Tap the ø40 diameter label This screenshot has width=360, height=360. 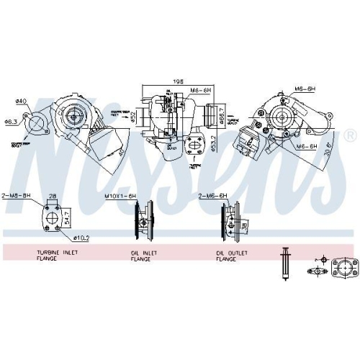coord(21,100)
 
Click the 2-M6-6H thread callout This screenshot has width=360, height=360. coord(212,195)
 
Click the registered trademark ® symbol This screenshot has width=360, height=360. coord(350,135)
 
